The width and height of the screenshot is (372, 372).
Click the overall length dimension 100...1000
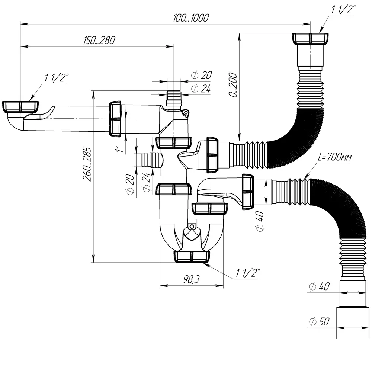click(190, 17)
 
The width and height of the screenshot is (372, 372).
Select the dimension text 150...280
click(98, 40)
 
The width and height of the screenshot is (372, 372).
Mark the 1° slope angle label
click(118, 149)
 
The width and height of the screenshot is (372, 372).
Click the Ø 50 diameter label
click(319, 321)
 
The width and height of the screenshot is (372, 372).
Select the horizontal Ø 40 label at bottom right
click(320, 286)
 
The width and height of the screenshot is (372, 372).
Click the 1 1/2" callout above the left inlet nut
click(57, 78)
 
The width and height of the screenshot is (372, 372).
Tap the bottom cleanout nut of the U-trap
click(192, 257)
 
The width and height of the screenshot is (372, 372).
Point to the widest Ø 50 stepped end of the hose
click(352, 323)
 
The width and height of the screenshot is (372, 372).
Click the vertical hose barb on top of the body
click(174, 99)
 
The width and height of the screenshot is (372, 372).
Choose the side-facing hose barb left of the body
click(152, 160)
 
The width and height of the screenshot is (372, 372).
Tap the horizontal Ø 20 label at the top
click(201, 76)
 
